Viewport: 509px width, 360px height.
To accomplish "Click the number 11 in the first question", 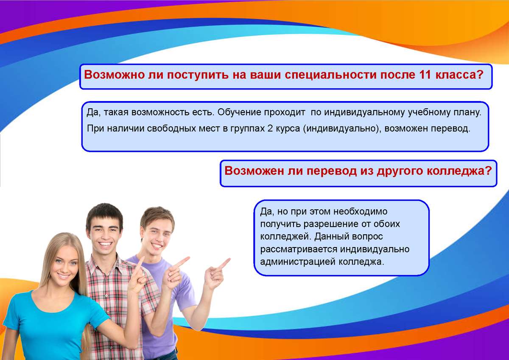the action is click(x=425, y=75).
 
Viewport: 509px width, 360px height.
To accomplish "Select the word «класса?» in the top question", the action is click(x=459, y=75).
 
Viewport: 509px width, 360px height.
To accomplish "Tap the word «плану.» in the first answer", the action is click(x=467, y=112).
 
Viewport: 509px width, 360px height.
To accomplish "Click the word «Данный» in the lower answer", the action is click(x=331, y=237).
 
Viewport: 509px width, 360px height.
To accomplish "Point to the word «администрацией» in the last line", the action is click(x=298, y=262).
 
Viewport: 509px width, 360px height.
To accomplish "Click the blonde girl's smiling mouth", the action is click(x=63, y=276).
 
